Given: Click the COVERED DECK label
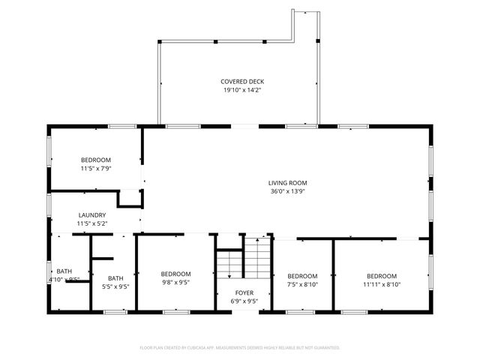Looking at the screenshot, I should [x=242, y=82].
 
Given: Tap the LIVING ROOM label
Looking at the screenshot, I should [x=288, y=182].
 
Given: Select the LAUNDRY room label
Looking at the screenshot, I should [x=92, y=215].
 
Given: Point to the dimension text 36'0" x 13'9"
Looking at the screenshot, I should [x=288, y=191].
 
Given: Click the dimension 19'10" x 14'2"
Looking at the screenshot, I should [x=242, y=91].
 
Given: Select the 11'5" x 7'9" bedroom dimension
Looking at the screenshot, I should [x=96, y=169].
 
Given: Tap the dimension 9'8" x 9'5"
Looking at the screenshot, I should [x=175, y=283].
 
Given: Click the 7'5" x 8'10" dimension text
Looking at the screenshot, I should [x=303, y=284].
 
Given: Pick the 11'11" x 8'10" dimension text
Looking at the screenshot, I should [x=382, y=284].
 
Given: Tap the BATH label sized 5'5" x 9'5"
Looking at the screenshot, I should [x=115, y=277].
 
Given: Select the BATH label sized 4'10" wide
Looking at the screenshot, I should [x=64, y=271].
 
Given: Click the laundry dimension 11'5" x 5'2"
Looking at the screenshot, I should [x=92, y=223].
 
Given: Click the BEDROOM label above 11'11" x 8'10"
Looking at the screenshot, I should [x=382, y=275].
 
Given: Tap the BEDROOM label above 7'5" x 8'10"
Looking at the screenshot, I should [x=303, y=275].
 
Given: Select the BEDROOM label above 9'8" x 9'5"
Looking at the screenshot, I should [x=175, y=274].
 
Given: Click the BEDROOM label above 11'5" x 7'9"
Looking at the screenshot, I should [x=96, y=160].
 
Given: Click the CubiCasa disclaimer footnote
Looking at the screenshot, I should [x=240, y=348].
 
